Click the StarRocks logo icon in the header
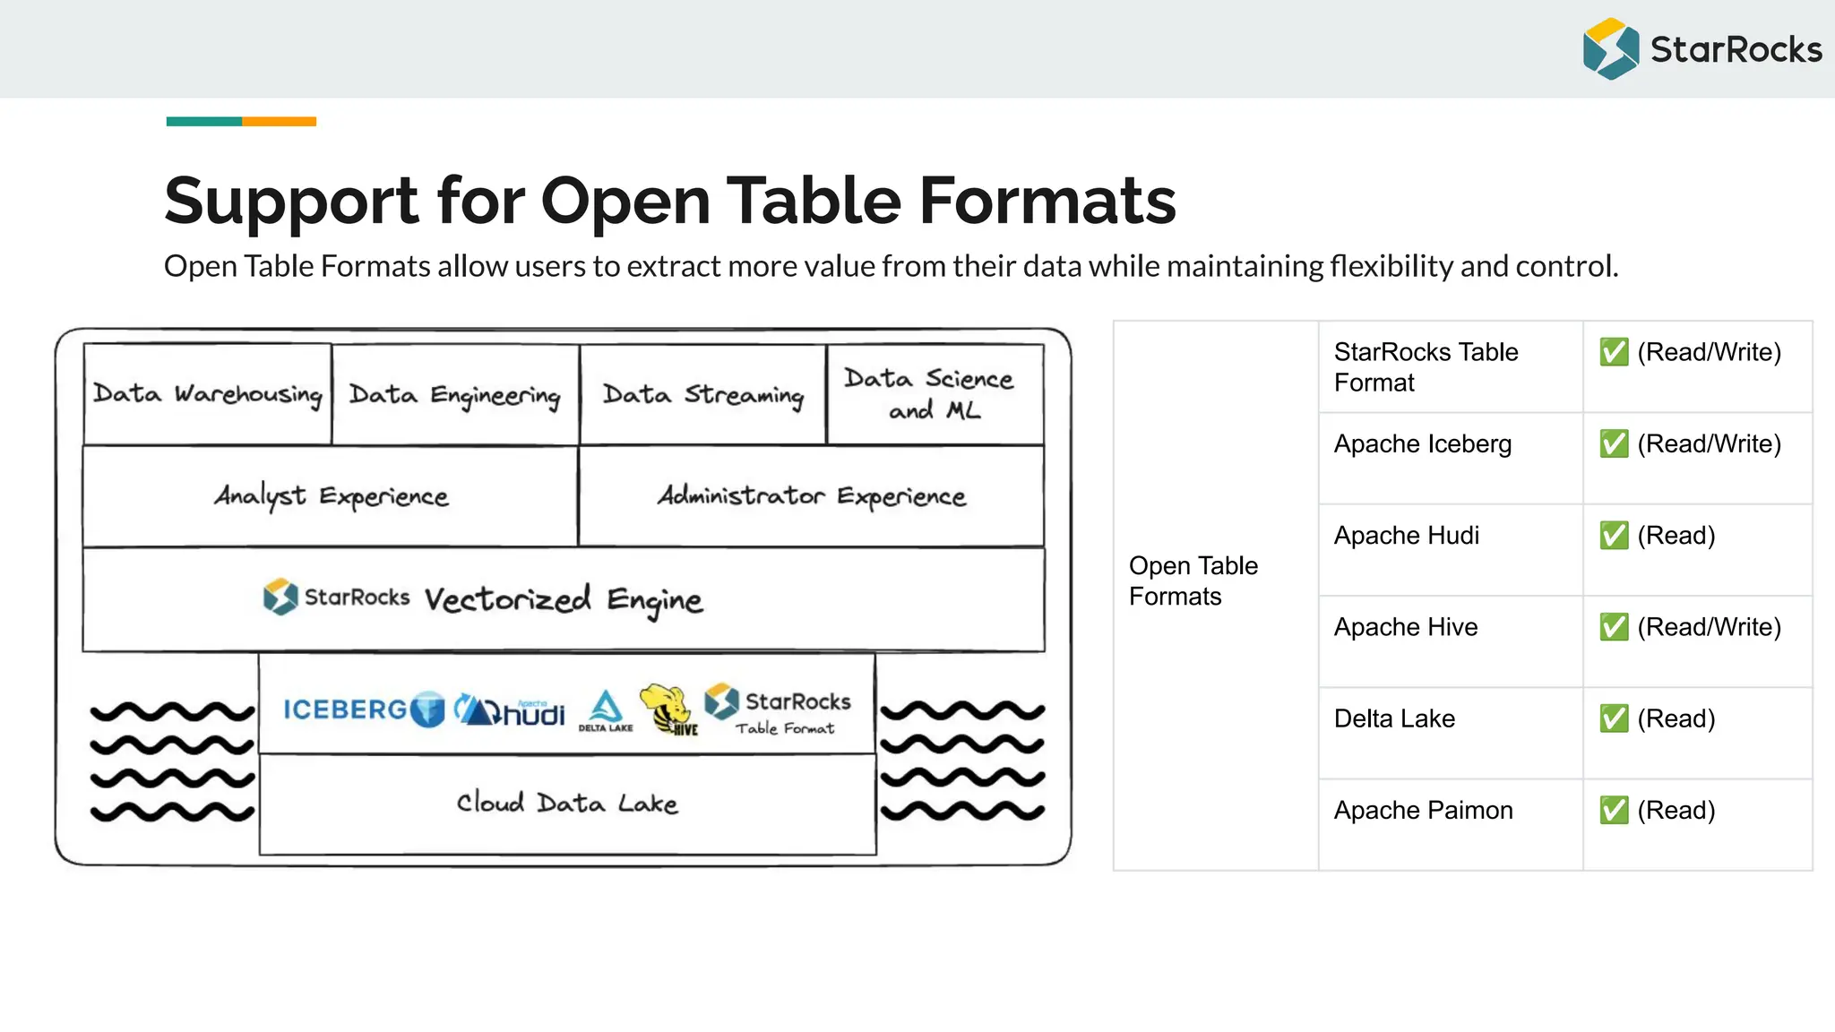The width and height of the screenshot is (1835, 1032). coord(1610,48)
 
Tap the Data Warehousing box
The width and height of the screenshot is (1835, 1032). coord(207,394)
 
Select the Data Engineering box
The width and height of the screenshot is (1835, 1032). coord(455,395)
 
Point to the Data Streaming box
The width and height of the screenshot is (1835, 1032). coord(702,395)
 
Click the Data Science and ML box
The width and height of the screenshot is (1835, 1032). coord(934,394)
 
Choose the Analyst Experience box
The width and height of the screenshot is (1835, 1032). coord(331,496)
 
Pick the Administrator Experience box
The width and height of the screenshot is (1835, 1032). coord(811,496)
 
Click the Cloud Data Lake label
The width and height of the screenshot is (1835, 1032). coord(566,803)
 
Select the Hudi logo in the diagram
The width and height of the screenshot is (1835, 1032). coord(510,710)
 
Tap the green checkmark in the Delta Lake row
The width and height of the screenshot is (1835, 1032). coord(1614,718)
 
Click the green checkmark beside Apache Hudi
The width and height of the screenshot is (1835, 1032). coord(1614,536)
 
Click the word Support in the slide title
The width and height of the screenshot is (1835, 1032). coord(291,201)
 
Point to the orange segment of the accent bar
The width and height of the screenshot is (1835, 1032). coord(279,122)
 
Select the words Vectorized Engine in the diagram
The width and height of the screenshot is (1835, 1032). coord(564,600)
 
